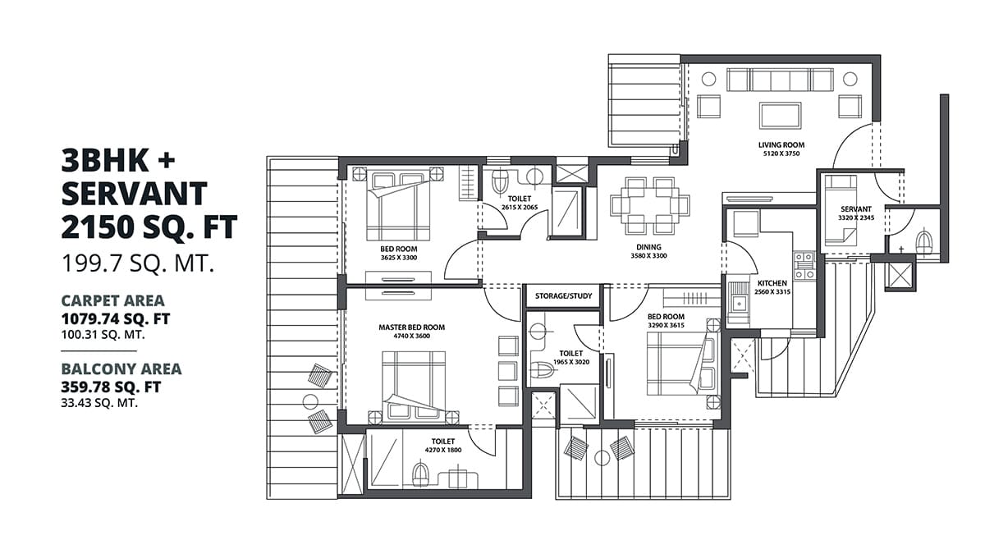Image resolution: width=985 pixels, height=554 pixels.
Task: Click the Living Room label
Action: [x=781, y=144]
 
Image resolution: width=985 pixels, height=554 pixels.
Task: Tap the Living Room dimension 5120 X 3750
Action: [x=781, y=153]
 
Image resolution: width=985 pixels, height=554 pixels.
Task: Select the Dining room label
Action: [x=648, y=247]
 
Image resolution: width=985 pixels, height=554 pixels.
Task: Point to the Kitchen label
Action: [x=772, y=282]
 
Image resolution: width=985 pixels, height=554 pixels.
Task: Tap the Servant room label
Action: [x=854, y=209]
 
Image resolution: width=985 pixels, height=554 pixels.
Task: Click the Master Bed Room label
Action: [x=411, y=327]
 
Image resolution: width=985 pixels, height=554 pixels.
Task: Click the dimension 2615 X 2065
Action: [x=519, y=208]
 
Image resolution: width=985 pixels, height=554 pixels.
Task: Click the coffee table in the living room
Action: [x=780, y=114]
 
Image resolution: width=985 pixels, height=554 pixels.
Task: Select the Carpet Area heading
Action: [x=112, y=300]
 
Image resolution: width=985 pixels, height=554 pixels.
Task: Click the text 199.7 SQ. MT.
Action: [x=138, y=263]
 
